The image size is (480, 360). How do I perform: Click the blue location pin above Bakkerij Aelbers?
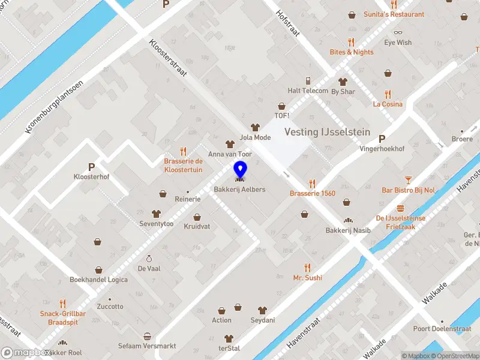pos(240,170)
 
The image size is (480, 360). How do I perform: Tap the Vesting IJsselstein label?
pos(327,132)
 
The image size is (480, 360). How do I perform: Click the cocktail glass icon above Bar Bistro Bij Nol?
pos(408,179)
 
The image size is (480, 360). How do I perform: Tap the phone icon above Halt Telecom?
pos(308,80)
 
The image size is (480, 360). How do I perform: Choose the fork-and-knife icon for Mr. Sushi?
pos(307,268)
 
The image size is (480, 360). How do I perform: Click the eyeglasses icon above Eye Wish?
pos(398,32)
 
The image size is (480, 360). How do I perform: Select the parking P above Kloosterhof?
pos(91,167)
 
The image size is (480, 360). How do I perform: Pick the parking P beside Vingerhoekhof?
pos(382,137)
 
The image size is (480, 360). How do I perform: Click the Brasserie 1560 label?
pos(312,193)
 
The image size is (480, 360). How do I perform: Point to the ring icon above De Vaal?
pos(149,259)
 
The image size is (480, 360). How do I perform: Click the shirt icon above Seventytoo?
pos(156,214)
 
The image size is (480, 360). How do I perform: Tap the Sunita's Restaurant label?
pos(394,14)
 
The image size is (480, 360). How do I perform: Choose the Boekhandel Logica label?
pos(98,280)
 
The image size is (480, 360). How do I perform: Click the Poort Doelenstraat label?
pos(442,329)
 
